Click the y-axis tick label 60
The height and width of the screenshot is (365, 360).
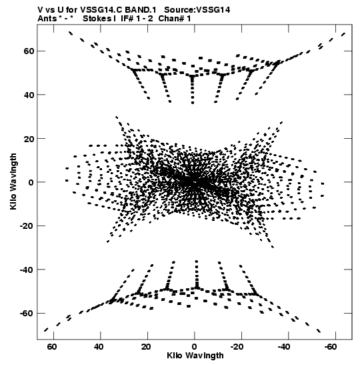coord(29,51)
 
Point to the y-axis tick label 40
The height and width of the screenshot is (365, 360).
coord(29,95)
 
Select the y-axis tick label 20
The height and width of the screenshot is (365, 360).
coord(29,139)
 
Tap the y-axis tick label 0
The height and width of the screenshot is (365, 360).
coord(31,182)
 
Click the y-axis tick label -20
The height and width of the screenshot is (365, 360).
coord(27,226)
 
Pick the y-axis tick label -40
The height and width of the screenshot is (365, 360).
coord(27,270)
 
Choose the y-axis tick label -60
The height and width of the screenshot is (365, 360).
coord(27,314)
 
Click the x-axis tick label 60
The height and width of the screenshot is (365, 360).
coord(52,347)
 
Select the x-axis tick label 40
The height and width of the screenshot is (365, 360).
coord(99,347)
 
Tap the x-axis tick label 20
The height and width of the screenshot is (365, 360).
coord(146,347)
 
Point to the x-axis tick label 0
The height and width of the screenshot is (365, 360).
coord(194,347)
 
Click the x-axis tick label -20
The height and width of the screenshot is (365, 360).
coord(237,347)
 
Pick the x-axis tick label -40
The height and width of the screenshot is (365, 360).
coord(284,347)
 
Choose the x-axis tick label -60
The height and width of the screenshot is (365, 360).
coord(331,347)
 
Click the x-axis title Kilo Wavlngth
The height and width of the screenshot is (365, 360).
coord(195,356)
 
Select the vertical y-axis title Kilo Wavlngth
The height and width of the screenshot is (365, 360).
coord(13,181)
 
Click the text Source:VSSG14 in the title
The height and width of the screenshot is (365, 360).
coord(197,10)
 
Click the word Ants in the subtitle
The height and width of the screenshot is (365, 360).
coord(47,19)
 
